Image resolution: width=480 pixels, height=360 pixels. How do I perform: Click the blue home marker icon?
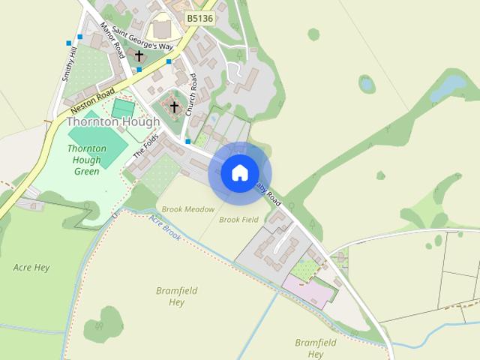239,173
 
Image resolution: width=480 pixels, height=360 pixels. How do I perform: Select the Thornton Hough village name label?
113,121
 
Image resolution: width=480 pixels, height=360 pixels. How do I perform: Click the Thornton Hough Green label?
87,160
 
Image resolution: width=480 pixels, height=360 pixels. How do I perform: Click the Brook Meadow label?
187,209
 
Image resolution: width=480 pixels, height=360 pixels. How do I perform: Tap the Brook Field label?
238,220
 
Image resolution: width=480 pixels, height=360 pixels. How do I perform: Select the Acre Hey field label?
31,266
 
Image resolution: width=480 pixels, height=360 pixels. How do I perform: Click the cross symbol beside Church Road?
175,106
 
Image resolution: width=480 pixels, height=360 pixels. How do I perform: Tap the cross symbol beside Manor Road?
139,56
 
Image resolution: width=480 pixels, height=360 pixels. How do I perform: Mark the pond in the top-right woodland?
448,87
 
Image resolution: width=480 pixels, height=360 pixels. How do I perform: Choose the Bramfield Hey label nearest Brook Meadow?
170,295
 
